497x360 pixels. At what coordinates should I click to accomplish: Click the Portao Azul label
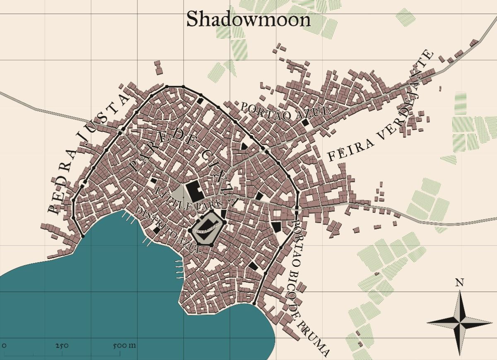[286, 110]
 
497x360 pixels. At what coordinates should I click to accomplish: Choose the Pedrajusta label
[87, 153]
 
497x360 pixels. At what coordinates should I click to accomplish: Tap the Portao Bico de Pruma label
[309, 286]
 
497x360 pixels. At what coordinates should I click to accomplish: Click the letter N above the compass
[459, 283]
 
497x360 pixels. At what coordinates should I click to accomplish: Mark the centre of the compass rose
[459, 322]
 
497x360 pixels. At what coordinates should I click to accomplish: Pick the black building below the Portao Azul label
[306, 123]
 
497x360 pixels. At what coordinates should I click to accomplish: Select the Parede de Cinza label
[182, 162]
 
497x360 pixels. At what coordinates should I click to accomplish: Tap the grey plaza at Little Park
[179, 193]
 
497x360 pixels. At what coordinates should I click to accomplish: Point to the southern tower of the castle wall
[212, 245]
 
